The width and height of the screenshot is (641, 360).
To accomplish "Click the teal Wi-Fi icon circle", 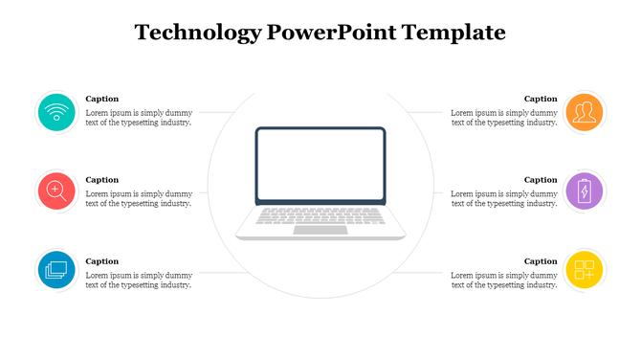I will pyautogui.click(x=57, y=113).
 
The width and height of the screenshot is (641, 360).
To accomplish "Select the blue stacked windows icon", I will pyautogui.click(x=57, y=270).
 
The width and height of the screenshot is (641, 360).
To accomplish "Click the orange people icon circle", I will pyautogui.click(x=584, y=113).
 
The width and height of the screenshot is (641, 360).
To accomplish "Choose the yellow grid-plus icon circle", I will pyautogui.click(x=584, y=270).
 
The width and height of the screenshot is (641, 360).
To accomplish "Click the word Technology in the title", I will pyautogui.click(x=198, y=34).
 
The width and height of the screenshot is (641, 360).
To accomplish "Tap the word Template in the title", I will pyautogui.click(x=453, y=34).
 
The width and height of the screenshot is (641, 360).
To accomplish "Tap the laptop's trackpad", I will pyautogui.click(x=320, y=230).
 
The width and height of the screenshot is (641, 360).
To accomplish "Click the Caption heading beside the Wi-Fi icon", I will pyautogui.click(x=102, y=99).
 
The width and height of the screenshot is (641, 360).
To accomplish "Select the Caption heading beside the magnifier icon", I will pyautogui.click(x=102, y=180).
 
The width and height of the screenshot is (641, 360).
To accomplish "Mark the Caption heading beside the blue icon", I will pyautogui.click(x=102, y=261).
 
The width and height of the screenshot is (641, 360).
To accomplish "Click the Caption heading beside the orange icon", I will pyautogui.click(x=541, y=99).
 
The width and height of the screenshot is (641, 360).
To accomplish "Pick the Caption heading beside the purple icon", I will pyautogui.click(x=541, y=180).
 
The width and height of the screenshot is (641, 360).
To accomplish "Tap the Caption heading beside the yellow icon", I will pyautogui.click(x=541, y=261).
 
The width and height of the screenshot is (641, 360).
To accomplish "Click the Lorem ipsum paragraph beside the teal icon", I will pyautogui.click(x=139, y=118).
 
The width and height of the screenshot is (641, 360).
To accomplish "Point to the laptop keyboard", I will pyautogui.click(x=320, y=216).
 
